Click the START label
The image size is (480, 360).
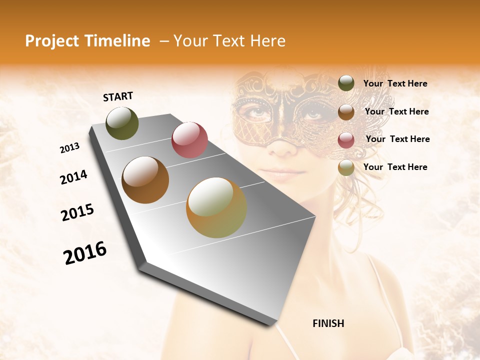point(118,96)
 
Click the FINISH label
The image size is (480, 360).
point(328,323)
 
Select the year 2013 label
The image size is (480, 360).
point(69,148)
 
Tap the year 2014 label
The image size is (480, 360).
point(73,177)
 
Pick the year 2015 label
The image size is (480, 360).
point(77,212)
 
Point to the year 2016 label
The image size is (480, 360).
point(85,253)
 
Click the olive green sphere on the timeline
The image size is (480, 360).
point(122,123)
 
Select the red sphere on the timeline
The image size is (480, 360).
point(189,140)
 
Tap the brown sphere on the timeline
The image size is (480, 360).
point(145,180)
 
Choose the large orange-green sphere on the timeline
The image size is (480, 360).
point(216,207)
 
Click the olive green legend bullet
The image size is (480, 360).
point(346,83)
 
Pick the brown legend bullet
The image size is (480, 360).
point(346,111)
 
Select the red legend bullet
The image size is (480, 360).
point(346,139)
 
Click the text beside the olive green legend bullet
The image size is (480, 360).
point(395,84)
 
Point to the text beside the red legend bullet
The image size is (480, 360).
point(397,139)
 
